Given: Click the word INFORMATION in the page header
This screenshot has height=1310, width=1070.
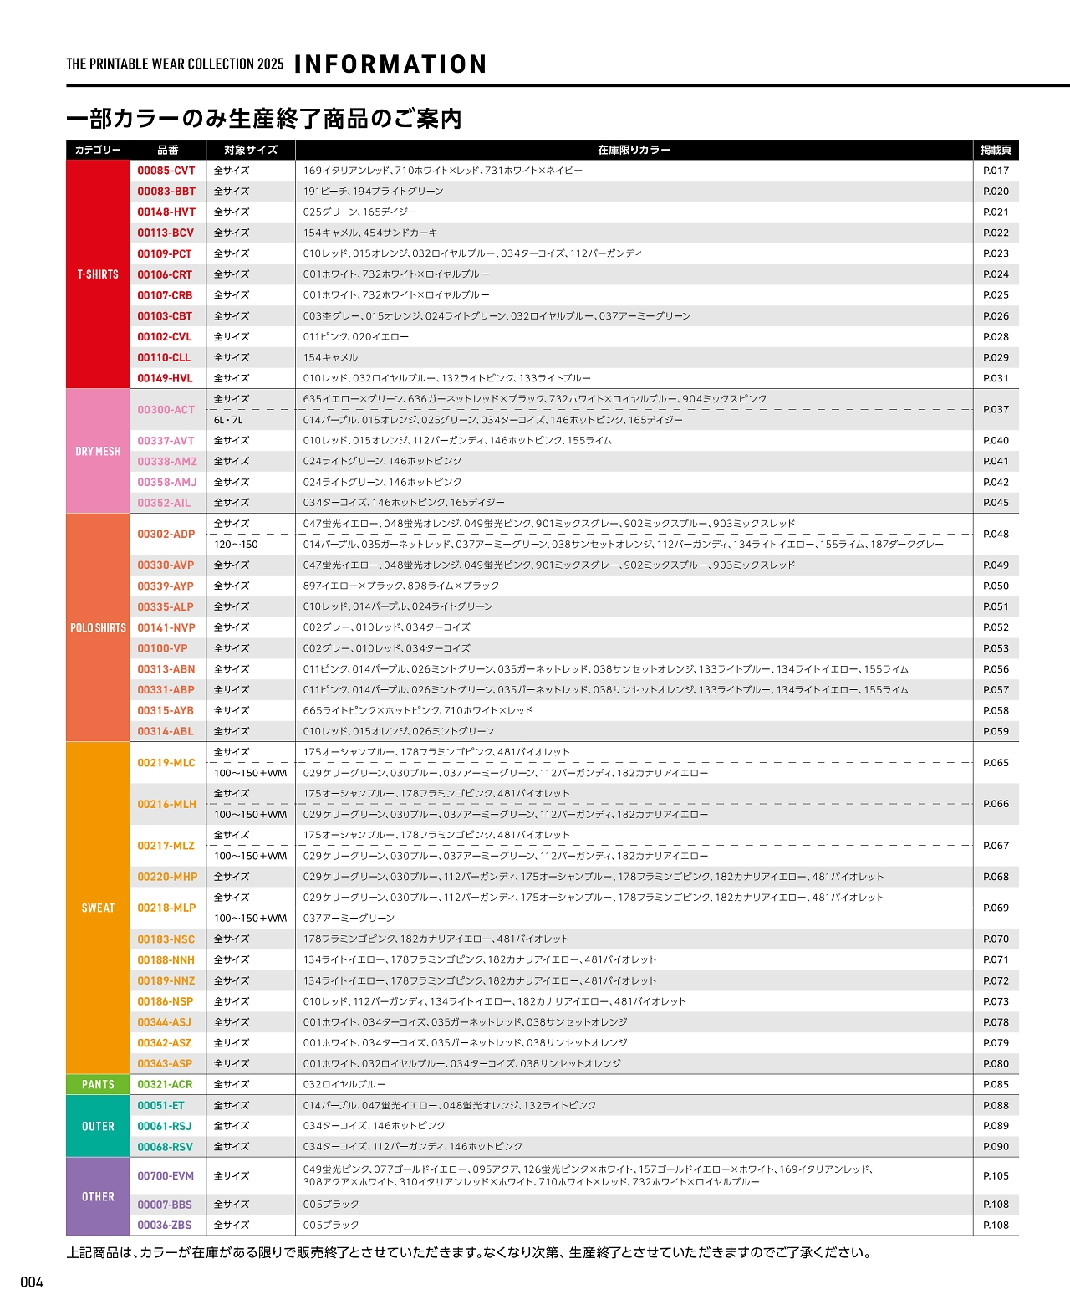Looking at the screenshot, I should [390, 64].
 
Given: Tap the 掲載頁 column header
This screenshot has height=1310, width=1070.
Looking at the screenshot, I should [996, 150].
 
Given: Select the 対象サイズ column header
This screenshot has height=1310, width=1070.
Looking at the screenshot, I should [250, 150].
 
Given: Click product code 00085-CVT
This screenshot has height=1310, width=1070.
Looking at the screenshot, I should [166, 171].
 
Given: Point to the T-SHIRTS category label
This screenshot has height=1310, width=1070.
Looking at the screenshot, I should [98, 274].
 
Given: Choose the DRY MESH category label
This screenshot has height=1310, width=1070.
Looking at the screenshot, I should [98, 452].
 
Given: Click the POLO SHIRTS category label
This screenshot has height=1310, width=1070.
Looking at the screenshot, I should [98, 627].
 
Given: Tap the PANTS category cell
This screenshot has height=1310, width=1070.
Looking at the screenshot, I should [98, 1084].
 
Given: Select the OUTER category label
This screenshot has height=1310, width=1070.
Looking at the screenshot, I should [98, 1126].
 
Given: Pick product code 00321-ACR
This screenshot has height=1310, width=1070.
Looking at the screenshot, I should [165, 1084].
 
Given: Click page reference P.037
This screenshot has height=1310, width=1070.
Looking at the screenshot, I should [996, 409].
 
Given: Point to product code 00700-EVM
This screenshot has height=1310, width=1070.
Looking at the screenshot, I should [166, 1175].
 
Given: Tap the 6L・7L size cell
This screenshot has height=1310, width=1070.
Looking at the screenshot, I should [228, 420].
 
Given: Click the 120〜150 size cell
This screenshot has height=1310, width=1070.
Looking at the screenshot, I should [236, 545].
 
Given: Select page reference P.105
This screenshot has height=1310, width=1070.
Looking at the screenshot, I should [996, 1175].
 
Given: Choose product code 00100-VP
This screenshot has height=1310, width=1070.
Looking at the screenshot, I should [162, 648].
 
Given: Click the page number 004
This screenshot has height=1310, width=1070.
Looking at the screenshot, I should [32, 1282].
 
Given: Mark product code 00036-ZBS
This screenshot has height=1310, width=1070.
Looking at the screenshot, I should [165, 1225].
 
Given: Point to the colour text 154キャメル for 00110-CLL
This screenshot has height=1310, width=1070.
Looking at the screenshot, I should [330, 357].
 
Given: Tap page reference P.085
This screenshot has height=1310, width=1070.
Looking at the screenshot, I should [996, 1084].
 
